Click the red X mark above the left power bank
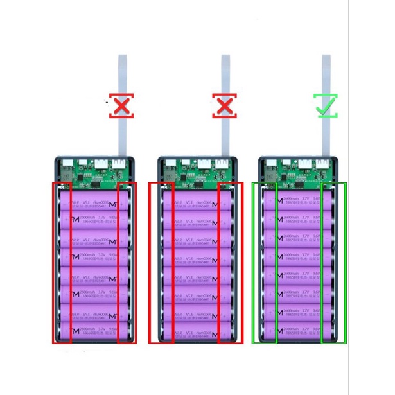click(121, 106)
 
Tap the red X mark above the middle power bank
click(224, 106)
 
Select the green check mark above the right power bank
click(326, 105)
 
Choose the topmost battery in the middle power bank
click(197, 204)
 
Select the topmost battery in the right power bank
click(299, 204)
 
